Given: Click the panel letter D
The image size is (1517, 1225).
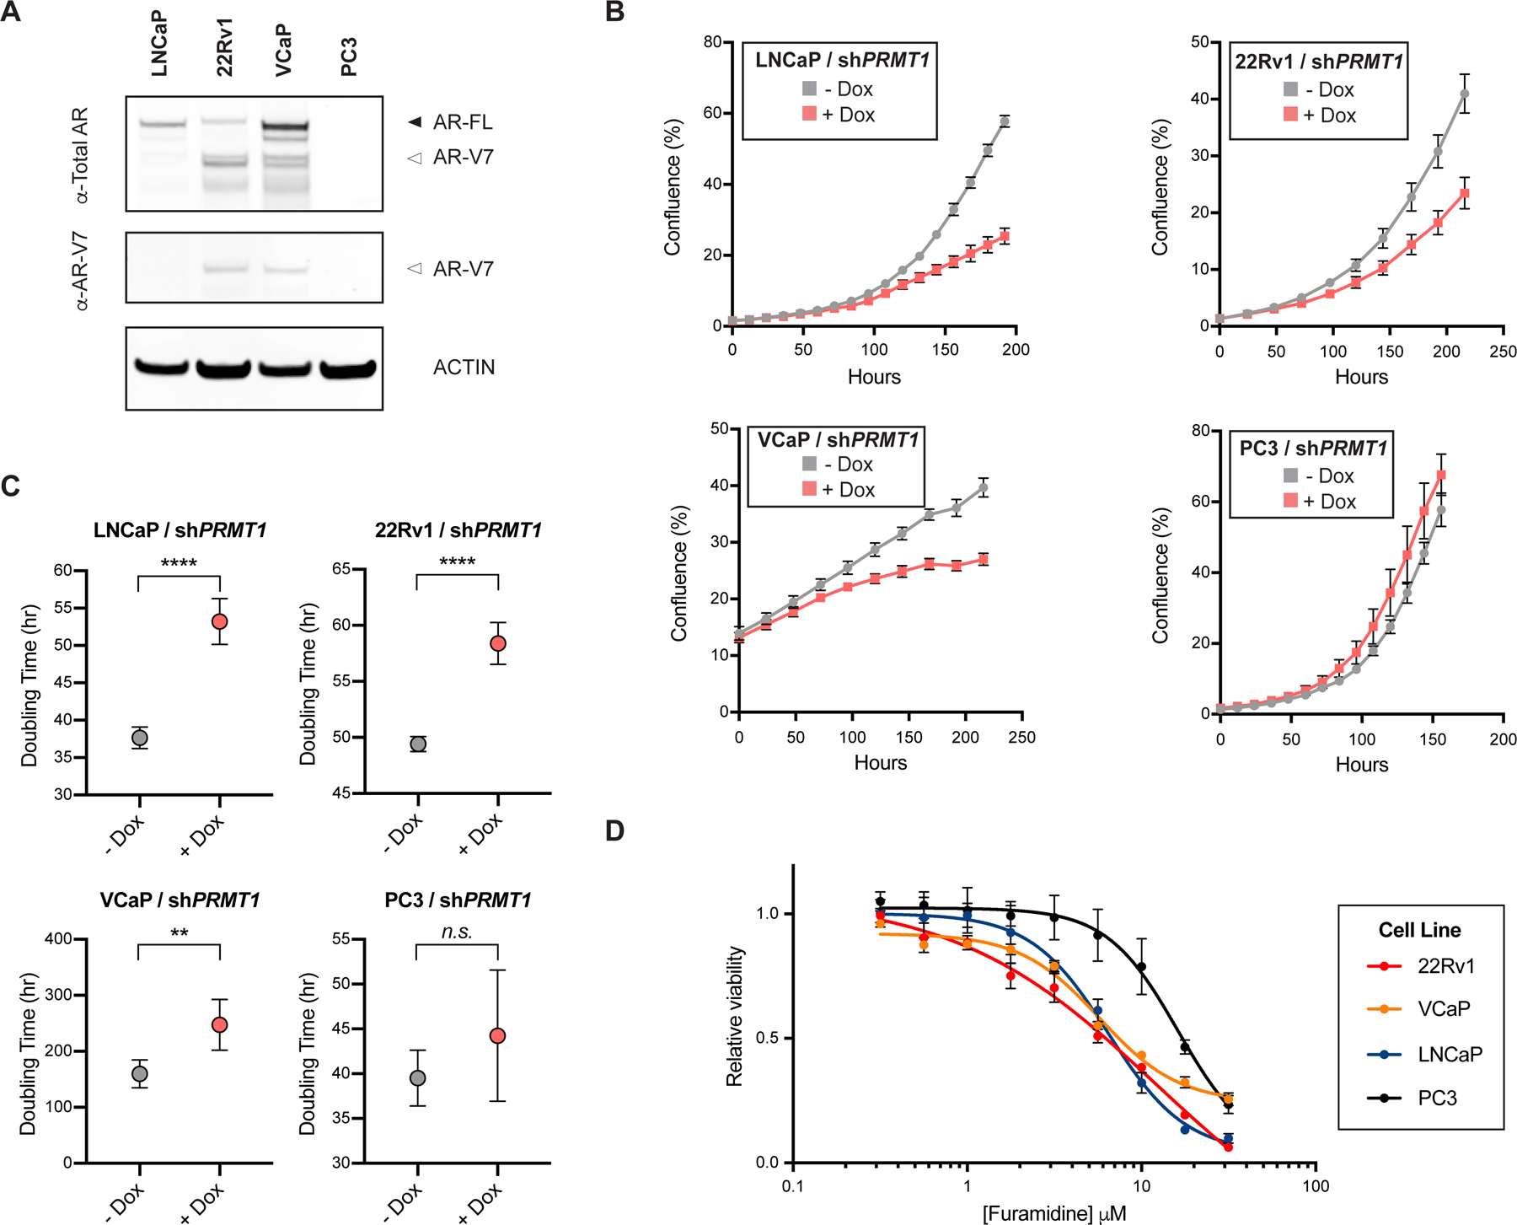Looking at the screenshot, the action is pos(615,831).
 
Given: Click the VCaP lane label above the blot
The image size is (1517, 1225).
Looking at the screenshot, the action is pos(283,51).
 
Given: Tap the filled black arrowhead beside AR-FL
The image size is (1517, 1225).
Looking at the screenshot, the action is pos(415,122).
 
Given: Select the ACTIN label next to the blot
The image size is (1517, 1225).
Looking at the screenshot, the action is pos(464,368).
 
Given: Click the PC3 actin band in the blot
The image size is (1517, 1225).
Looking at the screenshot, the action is pos(347,368).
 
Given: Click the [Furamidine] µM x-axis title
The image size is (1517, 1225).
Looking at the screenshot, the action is pos(1053,1213).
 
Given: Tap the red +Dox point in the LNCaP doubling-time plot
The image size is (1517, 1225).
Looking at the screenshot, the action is pos(220,621).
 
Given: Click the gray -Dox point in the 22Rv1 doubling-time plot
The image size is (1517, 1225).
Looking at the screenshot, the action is pos(418,744).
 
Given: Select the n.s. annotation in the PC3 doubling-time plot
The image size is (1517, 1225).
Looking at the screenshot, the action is pos(457,932).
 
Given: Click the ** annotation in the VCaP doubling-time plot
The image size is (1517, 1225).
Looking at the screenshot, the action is pos(179,933).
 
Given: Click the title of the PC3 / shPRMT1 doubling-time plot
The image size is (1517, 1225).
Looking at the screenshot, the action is pos(458,900).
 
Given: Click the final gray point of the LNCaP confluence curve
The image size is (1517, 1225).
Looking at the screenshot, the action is pos(1005,121).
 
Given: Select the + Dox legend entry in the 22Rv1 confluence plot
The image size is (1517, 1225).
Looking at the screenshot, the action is pos(1320,115).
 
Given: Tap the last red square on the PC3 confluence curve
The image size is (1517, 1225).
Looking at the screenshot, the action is pos(1441,475).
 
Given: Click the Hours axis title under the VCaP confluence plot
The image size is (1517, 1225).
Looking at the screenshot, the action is pos(881,763).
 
